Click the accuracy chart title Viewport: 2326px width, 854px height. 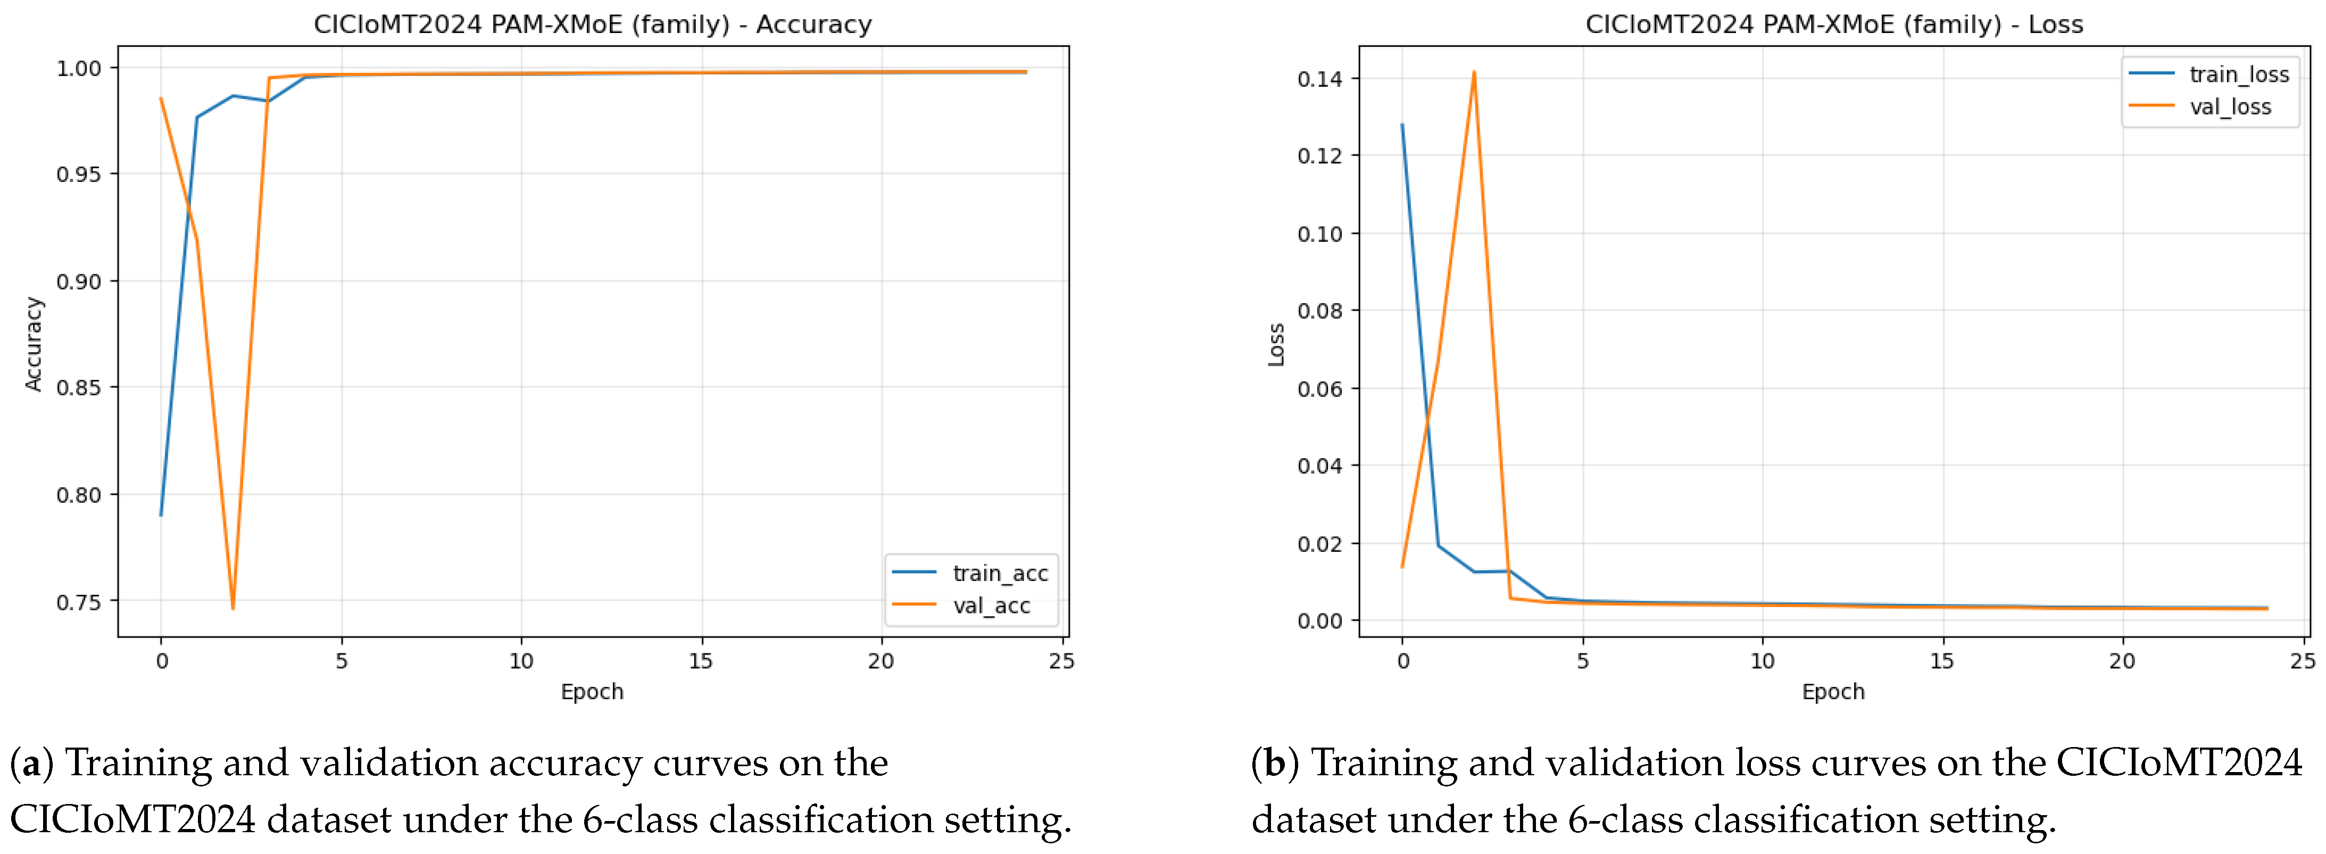(x=592, y=24)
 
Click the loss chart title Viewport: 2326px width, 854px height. (x=1834, y=24)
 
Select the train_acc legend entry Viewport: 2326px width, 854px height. (x=970, y=573)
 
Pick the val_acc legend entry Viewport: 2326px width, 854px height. (x=962, y=605)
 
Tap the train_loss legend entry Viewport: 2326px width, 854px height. (x=2209, y=74)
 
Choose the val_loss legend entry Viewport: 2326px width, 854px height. (x=2200, y=106)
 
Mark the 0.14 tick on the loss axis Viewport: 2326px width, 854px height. (x=1320, y=79)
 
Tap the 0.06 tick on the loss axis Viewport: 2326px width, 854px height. (x=1320, y=389)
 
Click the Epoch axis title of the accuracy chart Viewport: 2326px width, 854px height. (x=592, y=692)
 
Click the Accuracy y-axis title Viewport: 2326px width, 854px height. (x=34, y=344)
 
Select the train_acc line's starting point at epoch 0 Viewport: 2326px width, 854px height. (x=161, y=515)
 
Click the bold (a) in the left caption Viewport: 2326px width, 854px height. (x=31, y=764)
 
